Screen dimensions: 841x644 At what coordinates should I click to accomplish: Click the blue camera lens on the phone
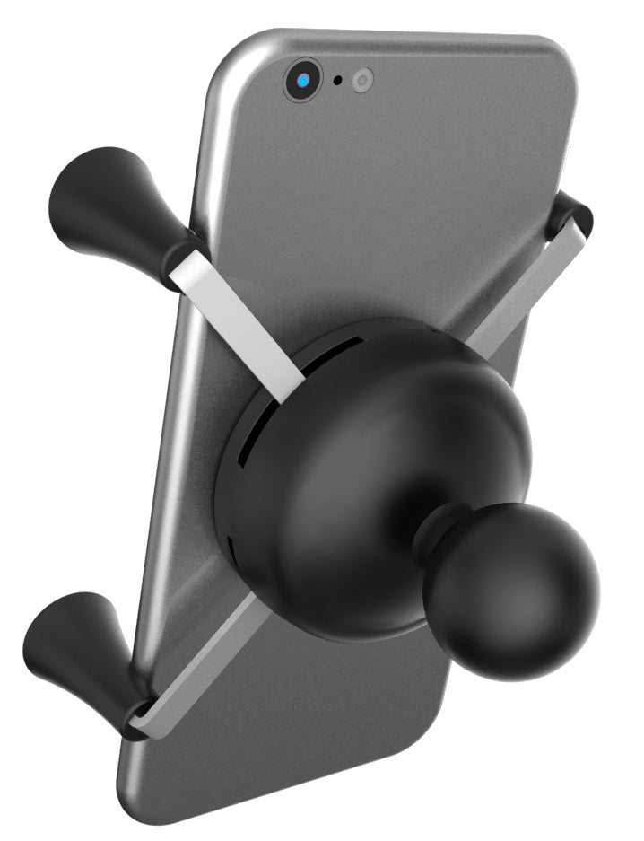[x=304, y=82]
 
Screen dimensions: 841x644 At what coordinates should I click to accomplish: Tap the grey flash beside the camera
[x=361, y=81]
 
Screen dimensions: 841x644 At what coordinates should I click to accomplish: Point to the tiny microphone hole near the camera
[x=337, y=81]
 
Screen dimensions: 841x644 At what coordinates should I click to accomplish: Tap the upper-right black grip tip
[x=571, y=215]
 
